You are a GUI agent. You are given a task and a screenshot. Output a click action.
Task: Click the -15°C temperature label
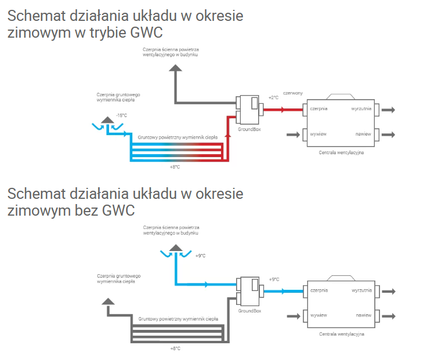(x=121, y=115)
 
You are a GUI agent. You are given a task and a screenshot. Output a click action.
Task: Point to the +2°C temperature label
(x=273, y=97)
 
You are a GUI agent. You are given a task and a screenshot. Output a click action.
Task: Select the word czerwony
(x=293, y=93)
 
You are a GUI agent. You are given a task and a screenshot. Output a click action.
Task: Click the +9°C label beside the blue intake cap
(x=201, y=256)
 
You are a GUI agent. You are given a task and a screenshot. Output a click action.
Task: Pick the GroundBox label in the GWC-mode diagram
(x=249, y=129)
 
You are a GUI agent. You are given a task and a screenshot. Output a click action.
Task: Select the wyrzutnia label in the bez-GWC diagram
(x=361, y=290)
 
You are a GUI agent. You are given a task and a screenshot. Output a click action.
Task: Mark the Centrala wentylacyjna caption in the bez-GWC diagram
(x=341, y=334)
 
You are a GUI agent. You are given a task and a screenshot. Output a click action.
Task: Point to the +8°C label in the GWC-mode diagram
(x=175, y=168)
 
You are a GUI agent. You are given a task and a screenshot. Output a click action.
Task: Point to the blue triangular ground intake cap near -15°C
(x=107, y=120)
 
